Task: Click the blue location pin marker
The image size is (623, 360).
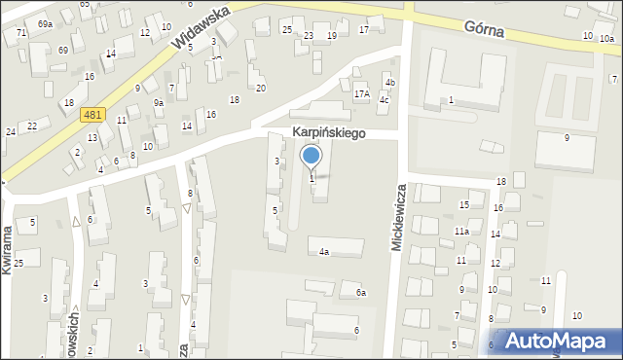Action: point(311,157)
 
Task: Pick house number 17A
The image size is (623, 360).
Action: point(362,94)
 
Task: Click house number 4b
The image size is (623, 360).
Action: point(388,83)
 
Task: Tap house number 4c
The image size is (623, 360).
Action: point(385,100)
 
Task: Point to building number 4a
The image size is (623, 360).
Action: point(324,252)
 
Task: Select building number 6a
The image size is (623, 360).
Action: point(360,293)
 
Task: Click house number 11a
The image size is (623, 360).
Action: point(460,232)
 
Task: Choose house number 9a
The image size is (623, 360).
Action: point(158,102)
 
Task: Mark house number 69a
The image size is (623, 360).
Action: point(45,22)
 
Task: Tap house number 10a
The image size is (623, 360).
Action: point(606,38)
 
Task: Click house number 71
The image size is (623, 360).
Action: point(21,33)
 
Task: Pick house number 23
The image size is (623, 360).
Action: point(308,35)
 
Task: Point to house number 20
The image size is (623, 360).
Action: point(261,89)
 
